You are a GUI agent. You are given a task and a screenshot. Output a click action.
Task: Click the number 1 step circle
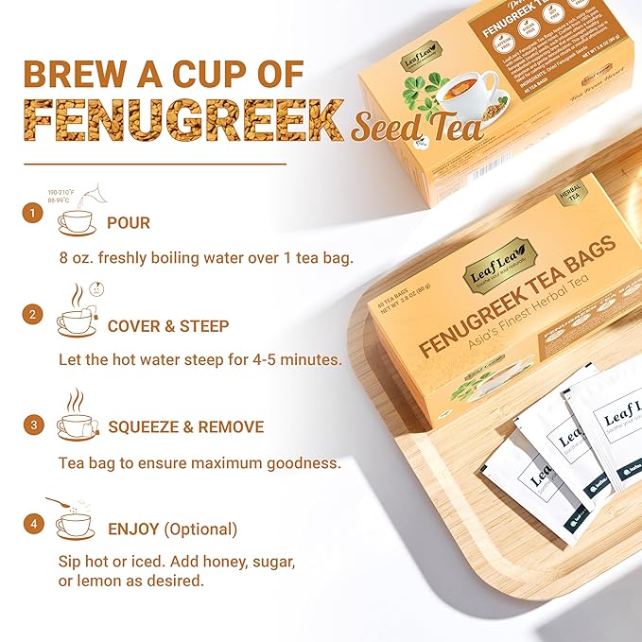pyautogui.click(x=33, y=214)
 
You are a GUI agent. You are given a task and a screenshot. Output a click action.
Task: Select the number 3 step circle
pyautogui.click(x=33, y=425)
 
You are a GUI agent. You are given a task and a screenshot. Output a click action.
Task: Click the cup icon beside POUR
pyautogui.click(x=76, y=222)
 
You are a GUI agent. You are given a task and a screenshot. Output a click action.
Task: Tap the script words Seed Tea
pyautogui.click(x=416, y=129)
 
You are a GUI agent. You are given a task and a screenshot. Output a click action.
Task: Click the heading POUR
pyautogui.click(x=129, y=223)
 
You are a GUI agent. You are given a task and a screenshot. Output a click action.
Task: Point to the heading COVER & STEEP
pyautogui.click(x=168, y=325)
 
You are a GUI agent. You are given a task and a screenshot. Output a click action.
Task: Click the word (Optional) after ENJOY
pyautogui.click(x=201, y=529)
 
